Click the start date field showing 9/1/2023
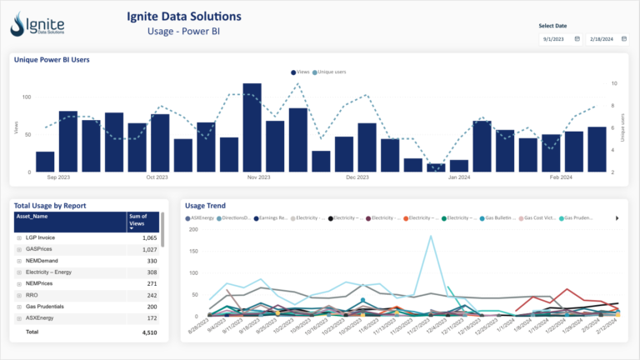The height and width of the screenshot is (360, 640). coord(554,38)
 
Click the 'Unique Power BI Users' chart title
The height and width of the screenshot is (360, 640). coord(52,59)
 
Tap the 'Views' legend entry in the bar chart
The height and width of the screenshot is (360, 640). coord(302,72)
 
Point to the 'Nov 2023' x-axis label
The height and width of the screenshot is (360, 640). coord(259,177)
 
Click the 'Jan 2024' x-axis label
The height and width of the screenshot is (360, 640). coord(458,177)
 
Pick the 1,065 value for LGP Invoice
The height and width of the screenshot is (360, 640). coord(148,238)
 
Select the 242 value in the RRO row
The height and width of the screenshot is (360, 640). coord(151,295)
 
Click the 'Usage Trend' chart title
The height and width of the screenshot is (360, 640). coord(205,206)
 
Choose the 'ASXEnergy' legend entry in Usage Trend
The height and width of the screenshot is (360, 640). coord(203,218)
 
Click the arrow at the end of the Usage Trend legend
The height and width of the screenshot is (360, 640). coord(617,218)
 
